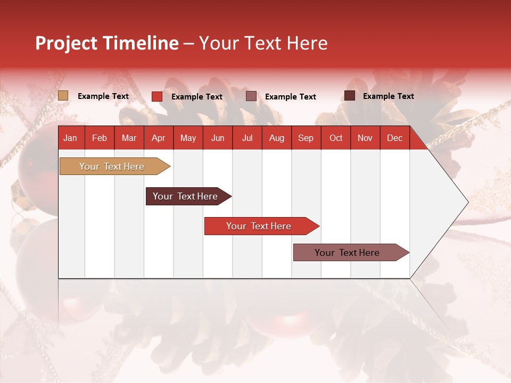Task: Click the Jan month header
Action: tap(70, 138)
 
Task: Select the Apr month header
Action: tap(159, 138)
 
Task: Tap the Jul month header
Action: tap(248, 138)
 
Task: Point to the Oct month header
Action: tap(336, 138)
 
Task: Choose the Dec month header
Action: tap(394, 138)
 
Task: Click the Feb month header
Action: tap(100, 138)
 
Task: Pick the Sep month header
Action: tap(306, 138)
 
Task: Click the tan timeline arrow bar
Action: tap(115, 166)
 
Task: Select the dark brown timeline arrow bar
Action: tap(188, 196)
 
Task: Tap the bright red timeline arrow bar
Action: tap(262, 226)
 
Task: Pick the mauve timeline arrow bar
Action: tap(351, 252)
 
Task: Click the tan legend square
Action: tap(63, 96)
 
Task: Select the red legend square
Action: tap(157, 96)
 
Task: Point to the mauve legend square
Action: tap(251, 96)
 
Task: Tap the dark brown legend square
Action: tap(350, 96)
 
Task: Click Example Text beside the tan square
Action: tap(103, 96)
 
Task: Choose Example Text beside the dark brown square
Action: tap(389, 96)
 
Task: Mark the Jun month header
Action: tap(218, 138)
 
